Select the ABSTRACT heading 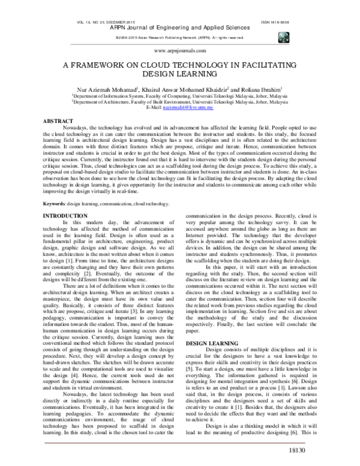tap(55, 121)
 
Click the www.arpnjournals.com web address tap(180, 52)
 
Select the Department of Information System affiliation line tap(180, 96)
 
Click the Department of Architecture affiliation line tap(180, 103)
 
